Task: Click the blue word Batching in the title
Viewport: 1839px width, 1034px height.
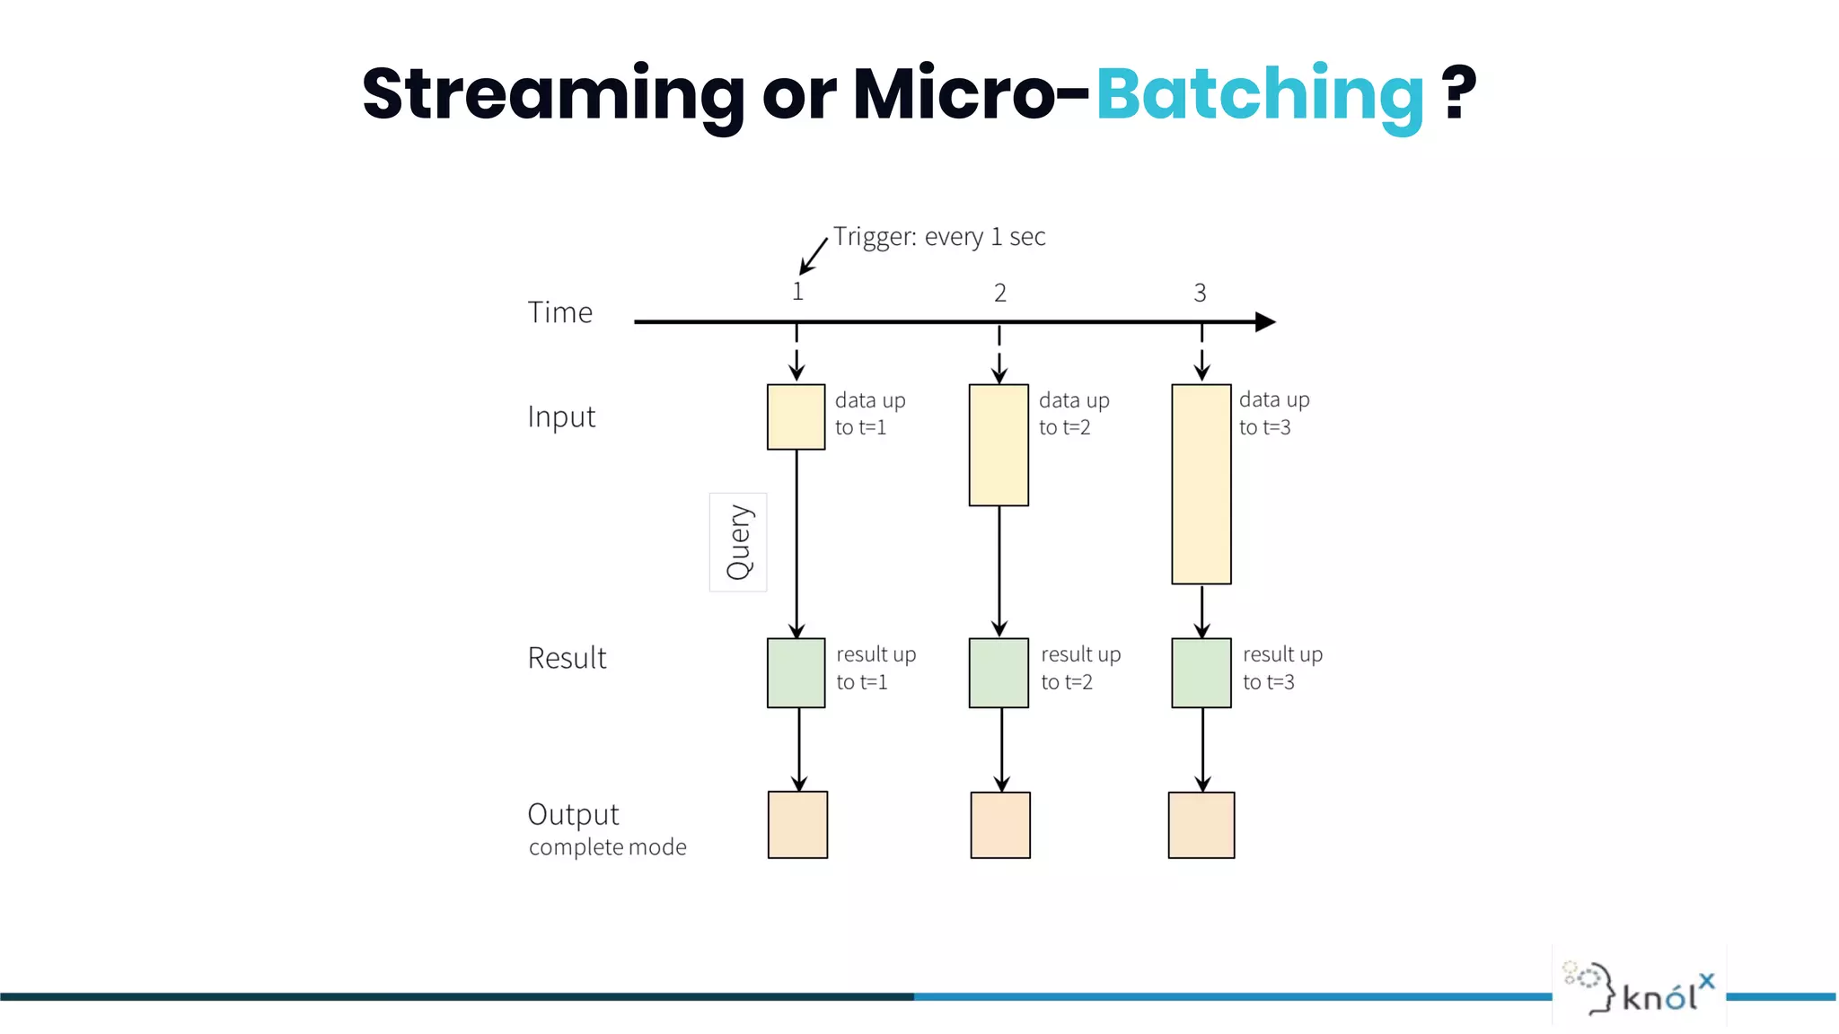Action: click(1259, 94)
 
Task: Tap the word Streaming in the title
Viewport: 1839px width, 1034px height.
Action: click(553, 94)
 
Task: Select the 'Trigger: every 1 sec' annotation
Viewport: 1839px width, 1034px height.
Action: click(938, 237)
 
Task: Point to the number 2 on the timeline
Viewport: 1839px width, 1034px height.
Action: click(999, 293)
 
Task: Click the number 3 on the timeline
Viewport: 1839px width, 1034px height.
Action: click(1200, 293)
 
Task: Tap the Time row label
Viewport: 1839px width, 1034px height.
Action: click(559, 312)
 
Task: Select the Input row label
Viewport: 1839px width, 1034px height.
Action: click(561, 417)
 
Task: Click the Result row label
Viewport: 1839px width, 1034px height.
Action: click(567, 658)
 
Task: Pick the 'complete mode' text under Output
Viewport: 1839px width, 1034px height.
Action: click(607, 847)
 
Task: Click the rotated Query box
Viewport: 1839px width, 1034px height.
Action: click(738, 542)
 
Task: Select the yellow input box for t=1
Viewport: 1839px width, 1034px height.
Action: click(796, 417)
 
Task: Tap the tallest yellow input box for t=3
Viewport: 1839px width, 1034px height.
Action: click(1201, 485)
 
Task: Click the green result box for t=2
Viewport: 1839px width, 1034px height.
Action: click(999, 673)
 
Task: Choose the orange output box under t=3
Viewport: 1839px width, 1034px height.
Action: click(1201, 825)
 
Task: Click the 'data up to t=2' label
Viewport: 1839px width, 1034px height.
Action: click(1073, 414)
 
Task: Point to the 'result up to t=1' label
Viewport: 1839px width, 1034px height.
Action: click(876, 668)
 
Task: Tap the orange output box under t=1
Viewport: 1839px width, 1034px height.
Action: click(797, 825)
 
